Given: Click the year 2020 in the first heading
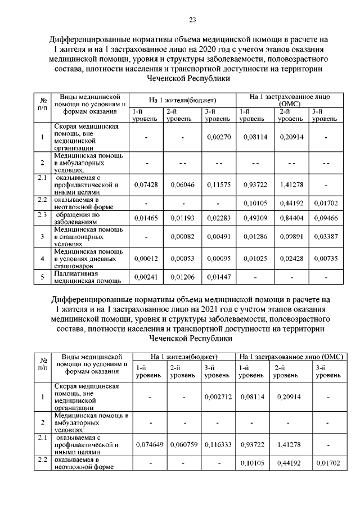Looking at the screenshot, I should coord(167,49).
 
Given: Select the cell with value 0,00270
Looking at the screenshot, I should coord(218,137).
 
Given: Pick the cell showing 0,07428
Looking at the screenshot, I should coord(146,184).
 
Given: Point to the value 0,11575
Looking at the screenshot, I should coord(218,184).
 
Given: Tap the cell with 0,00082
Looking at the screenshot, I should coord(183,237).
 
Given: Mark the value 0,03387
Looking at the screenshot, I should coord(326,237).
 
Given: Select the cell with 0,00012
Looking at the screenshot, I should coord(146,258).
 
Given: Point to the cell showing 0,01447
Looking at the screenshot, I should coord(218,277).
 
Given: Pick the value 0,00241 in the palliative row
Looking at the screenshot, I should coord(146,277).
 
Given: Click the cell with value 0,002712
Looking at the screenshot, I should coord(218,397).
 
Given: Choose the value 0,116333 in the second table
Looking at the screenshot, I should coord(218,444).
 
